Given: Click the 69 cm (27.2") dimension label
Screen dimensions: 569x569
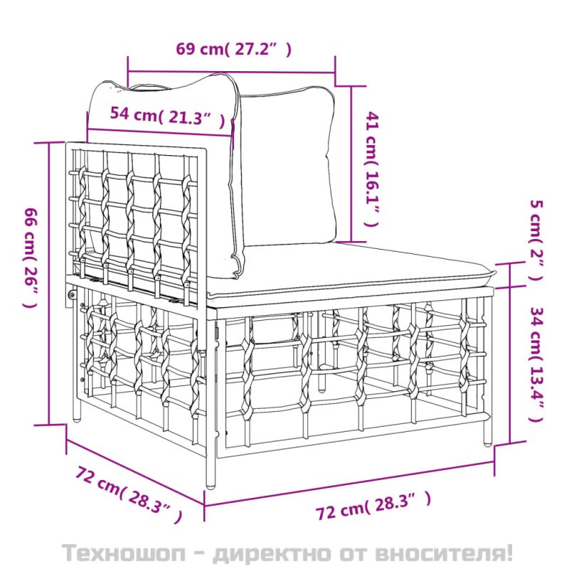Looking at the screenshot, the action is [234, 48].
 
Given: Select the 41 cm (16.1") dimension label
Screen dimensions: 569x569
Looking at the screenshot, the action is [372, 169].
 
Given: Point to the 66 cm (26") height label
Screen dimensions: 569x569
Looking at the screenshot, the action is [31, 257].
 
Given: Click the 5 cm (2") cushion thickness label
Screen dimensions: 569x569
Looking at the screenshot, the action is [536, 240].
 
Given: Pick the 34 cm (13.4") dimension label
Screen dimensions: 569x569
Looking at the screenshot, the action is [537, 364].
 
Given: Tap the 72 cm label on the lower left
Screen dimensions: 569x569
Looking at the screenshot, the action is [129, 494].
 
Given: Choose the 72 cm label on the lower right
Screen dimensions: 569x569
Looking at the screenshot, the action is [373, 505].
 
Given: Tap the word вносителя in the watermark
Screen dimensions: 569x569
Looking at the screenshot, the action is [440, 553].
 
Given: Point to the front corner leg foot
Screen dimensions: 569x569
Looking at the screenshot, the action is [211, 484].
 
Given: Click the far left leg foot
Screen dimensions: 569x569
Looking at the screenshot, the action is [77, 418].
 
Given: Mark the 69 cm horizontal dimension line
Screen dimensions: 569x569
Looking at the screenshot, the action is [231, 72].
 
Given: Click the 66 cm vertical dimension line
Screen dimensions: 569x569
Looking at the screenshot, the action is [49, 283].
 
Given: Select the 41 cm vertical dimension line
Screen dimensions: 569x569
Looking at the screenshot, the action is [351, 164].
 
